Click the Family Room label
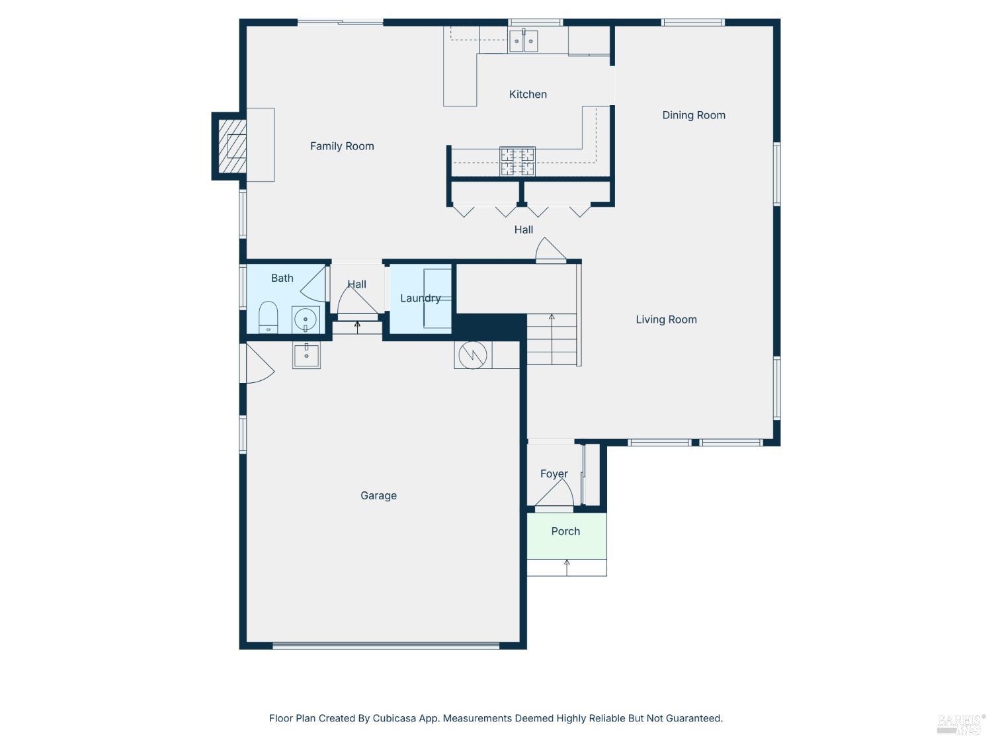pos(342,146)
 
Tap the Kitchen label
pos(528,95)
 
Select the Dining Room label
pos(694,115)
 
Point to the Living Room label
pos(666,319)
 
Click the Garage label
pos(378,495)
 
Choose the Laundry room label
pos(420,298)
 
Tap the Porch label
pos(565,531)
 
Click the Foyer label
pos(554,474)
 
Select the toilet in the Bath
pos(268,317)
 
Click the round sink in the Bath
pos(306,320)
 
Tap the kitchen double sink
pos(523,41)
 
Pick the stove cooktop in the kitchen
pos(517,161)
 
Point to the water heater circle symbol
pos(473,355)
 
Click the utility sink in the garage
pos(307,355)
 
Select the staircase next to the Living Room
pos(552,339)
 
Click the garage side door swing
pos(259,364)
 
